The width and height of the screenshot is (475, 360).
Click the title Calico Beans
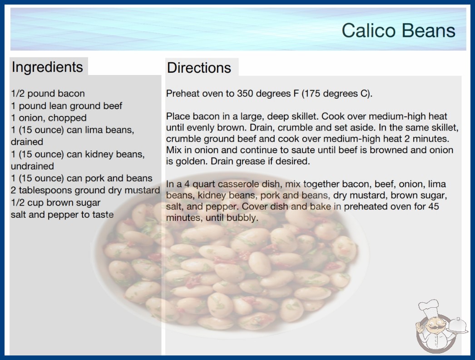[x=398, y=30]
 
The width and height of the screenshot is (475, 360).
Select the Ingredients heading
[x=47, y=67]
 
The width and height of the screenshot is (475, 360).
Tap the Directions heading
[x=199, y=68]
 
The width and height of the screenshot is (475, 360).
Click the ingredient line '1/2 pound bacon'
[x=48, y=94]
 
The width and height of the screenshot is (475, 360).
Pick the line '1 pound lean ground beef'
[x=66, y=105]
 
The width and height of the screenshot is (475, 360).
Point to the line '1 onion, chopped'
[x=49, y=118]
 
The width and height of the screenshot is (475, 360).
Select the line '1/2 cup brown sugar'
[x=55, y=202]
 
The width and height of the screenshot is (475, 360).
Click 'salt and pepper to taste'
[x=62, y=215]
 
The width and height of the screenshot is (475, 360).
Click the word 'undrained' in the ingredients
[x=32, y=166]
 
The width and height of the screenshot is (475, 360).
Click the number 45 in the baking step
[x=434, y=206]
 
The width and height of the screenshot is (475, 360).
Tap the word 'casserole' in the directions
[x=239, y=184]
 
